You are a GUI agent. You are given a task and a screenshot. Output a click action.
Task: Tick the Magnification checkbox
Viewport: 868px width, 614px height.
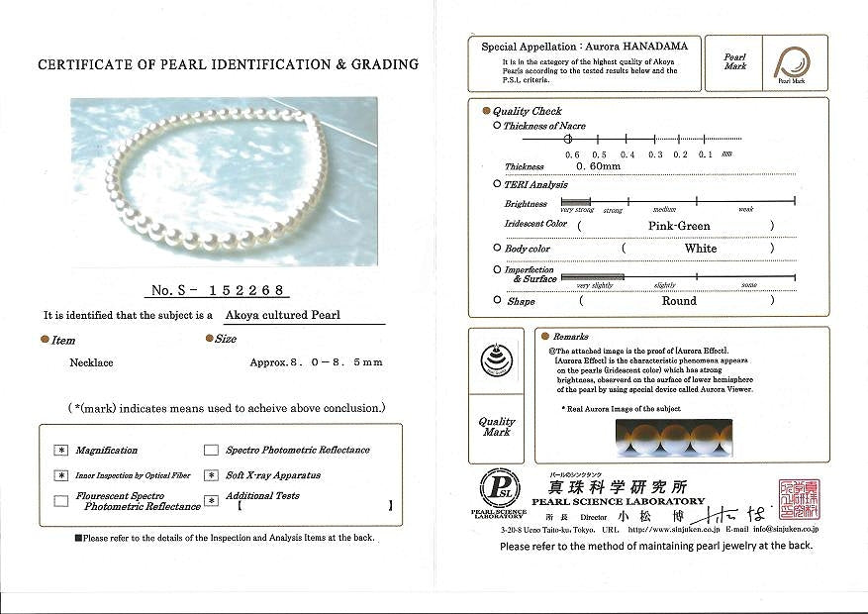point(62,450)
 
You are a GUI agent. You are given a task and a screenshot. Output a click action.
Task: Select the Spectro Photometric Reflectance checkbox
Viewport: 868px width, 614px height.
point(211,450)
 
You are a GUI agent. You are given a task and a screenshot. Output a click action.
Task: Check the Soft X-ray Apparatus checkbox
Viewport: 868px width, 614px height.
point(211,475)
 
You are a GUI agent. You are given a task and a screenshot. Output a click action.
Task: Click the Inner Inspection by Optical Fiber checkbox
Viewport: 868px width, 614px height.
point(62,475)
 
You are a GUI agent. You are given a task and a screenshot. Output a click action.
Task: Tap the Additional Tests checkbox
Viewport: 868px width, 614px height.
point(211,501)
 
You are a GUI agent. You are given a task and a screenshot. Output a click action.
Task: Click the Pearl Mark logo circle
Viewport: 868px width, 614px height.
point(791,63)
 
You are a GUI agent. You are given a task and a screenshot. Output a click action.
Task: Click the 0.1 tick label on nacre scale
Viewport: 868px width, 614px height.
point(705,154)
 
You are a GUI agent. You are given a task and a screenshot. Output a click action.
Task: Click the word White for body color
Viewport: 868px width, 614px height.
point(700,249)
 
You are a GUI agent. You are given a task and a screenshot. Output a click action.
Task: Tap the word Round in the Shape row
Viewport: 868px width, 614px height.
point(679,301)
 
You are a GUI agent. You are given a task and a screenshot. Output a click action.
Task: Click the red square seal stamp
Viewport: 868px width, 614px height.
point(799,499)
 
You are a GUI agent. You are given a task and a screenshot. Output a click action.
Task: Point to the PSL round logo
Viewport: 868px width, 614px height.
point(499,488)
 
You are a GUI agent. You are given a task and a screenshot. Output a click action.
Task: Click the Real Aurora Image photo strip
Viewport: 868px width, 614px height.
point(673,436)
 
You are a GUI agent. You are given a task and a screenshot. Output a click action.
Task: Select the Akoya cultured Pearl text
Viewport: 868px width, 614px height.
point(282,316)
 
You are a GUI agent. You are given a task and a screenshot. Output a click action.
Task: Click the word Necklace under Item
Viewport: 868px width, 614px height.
point(91,362)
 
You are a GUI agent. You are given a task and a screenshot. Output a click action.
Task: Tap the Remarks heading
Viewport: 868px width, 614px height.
point(571,337)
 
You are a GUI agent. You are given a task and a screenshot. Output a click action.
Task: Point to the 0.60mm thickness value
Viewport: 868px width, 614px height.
point(598,166)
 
